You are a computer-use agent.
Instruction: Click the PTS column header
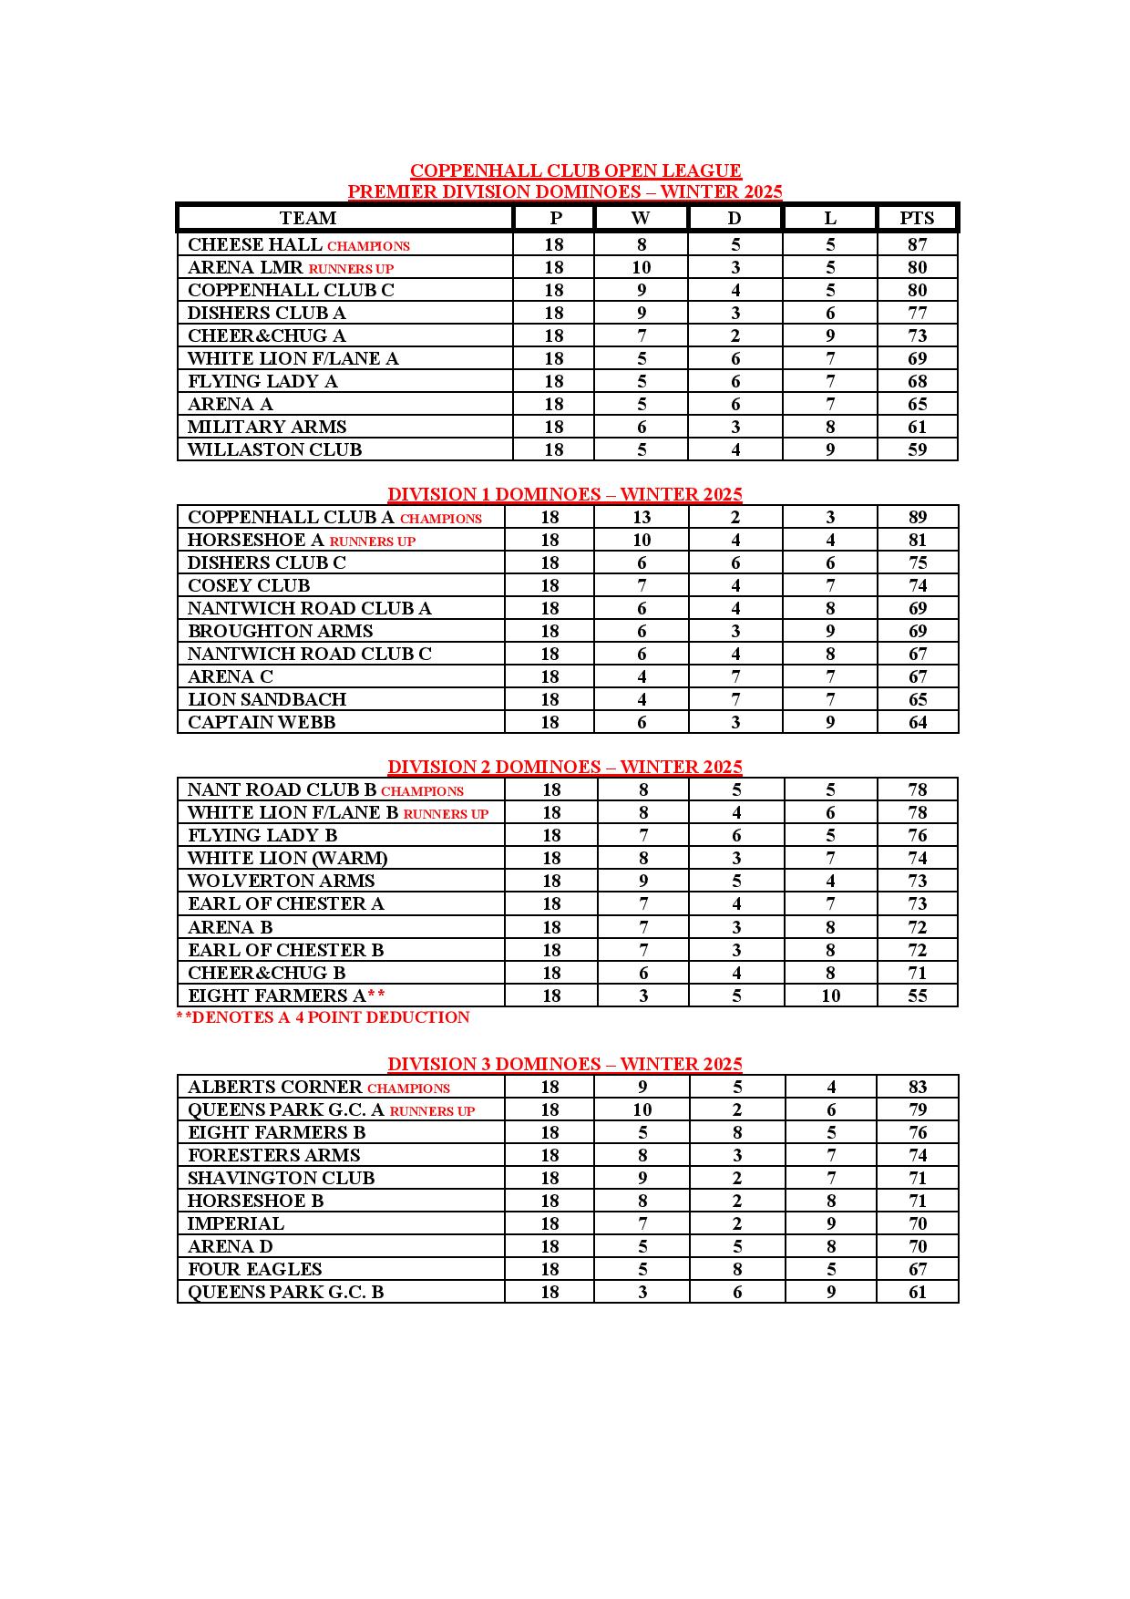coord(917,218)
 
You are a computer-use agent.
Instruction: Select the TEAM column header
coord(308,218)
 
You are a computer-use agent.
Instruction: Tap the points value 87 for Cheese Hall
coord(917,244)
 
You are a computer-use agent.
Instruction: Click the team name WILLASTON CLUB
coord(274,449)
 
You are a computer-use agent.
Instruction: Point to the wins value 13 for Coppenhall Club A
coord(642,517)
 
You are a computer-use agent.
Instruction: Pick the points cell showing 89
coord(917,517)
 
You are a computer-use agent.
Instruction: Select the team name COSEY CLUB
coord(249,585)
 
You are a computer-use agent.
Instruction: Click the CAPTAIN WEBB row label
coord(262,722)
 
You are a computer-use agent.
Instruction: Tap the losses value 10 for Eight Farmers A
coord(830,996)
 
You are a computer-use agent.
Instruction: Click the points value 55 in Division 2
coord(917,996)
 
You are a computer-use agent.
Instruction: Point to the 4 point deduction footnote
coord(324,1017)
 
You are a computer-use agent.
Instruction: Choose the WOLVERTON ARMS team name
coord(281,881)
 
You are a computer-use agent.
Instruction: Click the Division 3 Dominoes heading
coord(565,1064)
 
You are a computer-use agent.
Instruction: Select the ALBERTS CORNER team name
coord(275,1087)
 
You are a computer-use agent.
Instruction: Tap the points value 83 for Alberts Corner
coord(917,1087)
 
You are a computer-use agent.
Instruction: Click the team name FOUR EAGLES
coord(254,1269)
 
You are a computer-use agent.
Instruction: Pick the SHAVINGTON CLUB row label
coord(281,1178)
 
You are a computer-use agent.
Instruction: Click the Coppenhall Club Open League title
coord(575,170)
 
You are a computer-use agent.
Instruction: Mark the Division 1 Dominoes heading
coord(565,494)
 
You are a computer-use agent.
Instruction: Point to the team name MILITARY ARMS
coord(267,427)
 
